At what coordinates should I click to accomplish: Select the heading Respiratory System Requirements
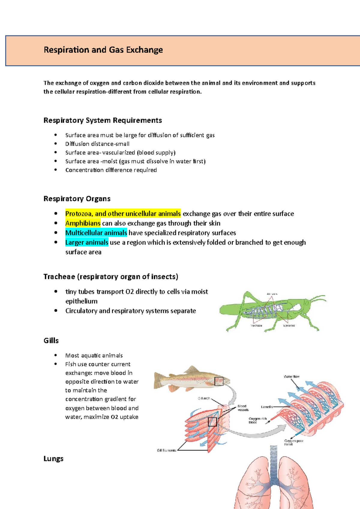point(103,121)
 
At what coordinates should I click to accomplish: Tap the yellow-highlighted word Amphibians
point(83,223)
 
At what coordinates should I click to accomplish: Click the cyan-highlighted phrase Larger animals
point(87,243)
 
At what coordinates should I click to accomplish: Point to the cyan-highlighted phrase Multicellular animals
point(96,233)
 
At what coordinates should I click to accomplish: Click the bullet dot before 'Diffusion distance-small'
point(55,144)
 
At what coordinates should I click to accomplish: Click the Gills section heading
point(51,341)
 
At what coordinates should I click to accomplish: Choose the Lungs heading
point(53,459)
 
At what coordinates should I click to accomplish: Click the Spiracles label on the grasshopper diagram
point(289,326)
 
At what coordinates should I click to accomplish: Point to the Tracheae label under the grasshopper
point(256,326)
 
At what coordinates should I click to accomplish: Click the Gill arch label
point(204,398)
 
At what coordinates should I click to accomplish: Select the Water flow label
point(292,377)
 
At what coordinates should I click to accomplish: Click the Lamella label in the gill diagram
point(267,407)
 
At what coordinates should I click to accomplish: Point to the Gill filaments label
point(166,450)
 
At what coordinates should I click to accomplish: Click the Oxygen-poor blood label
point(293,442)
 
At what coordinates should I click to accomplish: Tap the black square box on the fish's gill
point(219,381)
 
